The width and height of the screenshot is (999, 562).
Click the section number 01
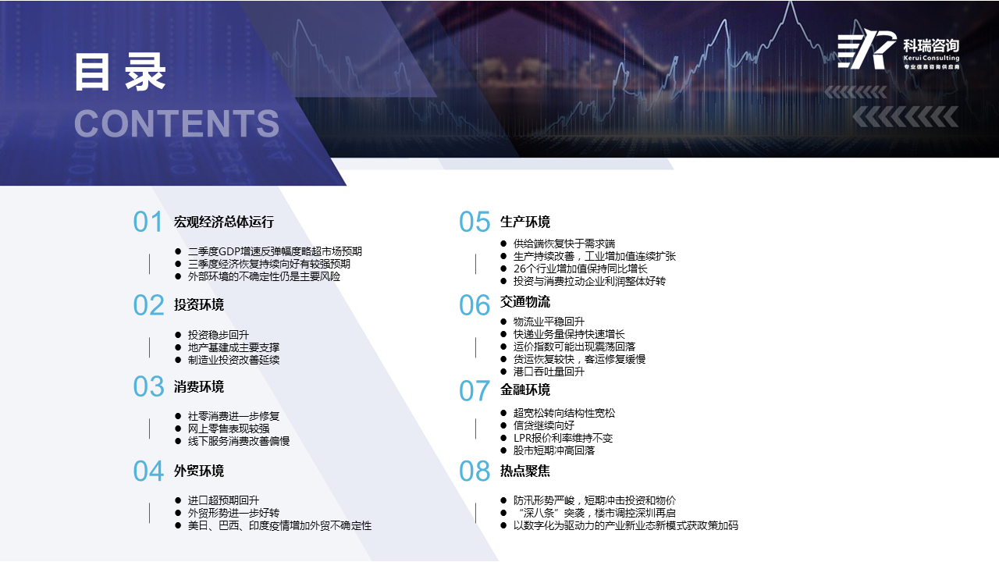pyautogui.click(x=148, y=222)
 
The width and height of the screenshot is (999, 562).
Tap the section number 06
pyautogui.click(x=474, y=305)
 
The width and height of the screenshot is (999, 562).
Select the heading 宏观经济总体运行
pyautogui.click(x=224, y=222)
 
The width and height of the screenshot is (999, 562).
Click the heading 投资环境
pyautogui.click(x=199, y=305)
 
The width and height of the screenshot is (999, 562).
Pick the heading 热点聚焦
pyautogui.click(x=525, y=471)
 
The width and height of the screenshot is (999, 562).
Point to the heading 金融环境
pyautogui.click(x=525, y=389)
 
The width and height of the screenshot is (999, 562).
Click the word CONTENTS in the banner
pyautogui.click(x=176, y=123)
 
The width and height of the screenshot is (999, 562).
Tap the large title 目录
pyautogui.click(x=120, y=73)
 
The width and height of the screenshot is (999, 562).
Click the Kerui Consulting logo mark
pyautogui.click(x=867, y=49)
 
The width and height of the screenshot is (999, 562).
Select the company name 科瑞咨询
pyautogui.click(x=931, y=45)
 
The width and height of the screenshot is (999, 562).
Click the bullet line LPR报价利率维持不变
pyautogui.click(x=563, y=438)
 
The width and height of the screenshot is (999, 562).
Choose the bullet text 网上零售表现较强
pyautogui.click(x=229, y=429)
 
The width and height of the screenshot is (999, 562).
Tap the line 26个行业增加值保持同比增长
pyautogui.click(x=580, y=269)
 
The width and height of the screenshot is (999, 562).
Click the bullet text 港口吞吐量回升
pyautogui.click(x=549, y=372)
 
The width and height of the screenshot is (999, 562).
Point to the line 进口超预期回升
pyautogui.click(x=223, y=500)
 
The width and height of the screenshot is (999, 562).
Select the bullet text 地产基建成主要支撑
pyautogui.click(x=233, y=347)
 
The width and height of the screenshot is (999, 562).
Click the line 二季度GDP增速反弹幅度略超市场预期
pyautogui.click(x=275, y=251)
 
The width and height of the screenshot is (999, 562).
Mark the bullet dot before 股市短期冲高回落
pyautogui.click(x=503, y=450)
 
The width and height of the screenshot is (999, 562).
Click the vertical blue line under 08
pyautogui.click(x=475, y=513)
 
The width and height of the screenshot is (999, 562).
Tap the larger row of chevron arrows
pyautogui.click(x=905, y=117)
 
